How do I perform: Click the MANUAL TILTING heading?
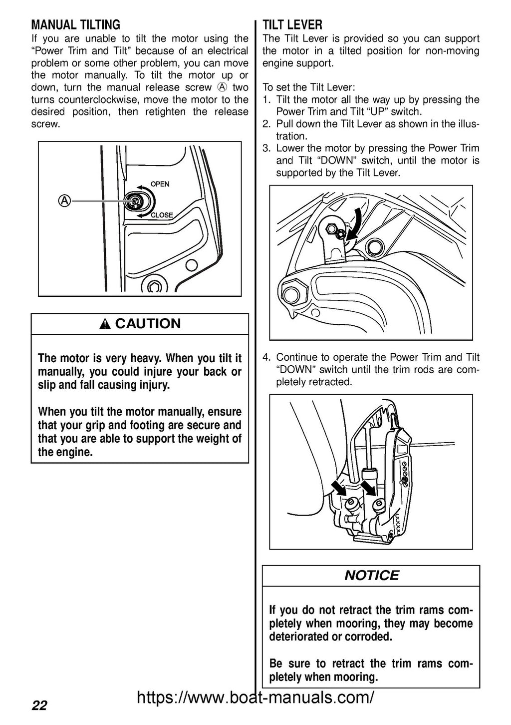pos(76,25)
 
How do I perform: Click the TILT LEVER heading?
pos(292,25)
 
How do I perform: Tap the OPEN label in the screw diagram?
pos(160,184)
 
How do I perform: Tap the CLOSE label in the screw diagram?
pos(162,215)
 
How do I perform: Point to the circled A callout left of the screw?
pos(64,200)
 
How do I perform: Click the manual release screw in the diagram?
pos(135,200)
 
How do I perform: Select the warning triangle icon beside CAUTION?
pos(104,325)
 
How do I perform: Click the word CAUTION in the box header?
pos(148,324)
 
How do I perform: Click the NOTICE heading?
pos(371,576)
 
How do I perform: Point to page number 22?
pos(39,706)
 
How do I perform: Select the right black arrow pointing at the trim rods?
pos(369,487)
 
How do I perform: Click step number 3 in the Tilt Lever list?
pos(266,148)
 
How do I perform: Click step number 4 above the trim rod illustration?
pos(266,357)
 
